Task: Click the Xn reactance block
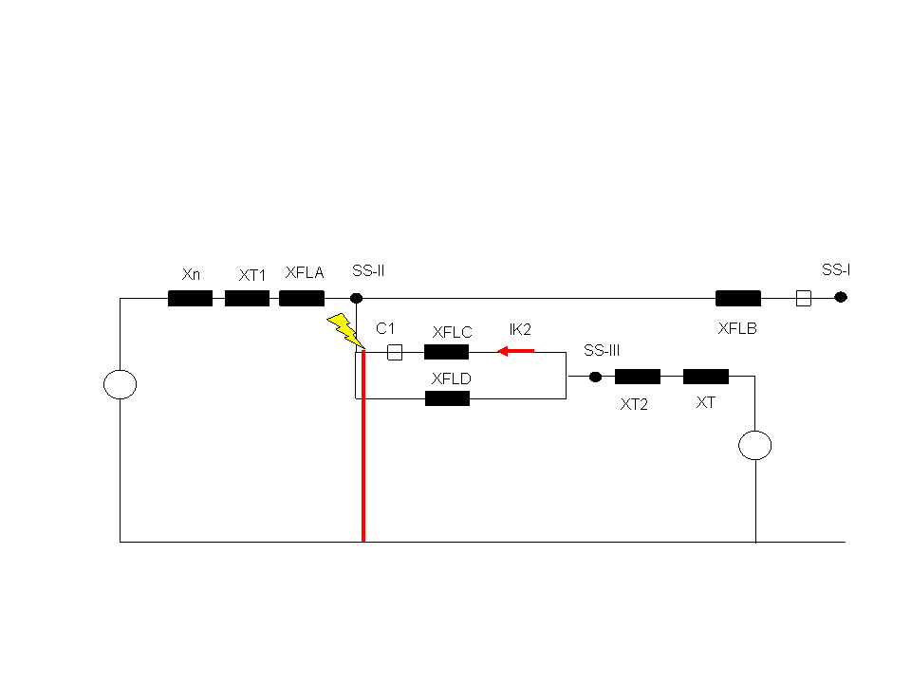click(190, 299)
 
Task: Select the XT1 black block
click(247, 299)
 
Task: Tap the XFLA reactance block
click(302, 299)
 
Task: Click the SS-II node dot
click(356, 298)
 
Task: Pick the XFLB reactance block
click(738, 299)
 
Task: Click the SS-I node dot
click(841, 297)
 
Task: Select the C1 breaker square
click(395, 352)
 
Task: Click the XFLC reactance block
click(446, 352)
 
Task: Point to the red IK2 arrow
click(516, 351)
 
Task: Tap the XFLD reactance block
click(447, 398)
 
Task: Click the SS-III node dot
click(595, 377)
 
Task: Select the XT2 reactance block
click(638, 377)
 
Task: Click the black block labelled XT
click(706, 377)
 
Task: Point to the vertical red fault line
click(363, 446)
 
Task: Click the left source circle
click(120, 384)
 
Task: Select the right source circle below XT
click(754, 446)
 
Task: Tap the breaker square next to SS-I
click(804, 299)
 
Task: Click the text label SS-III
click(602, 350)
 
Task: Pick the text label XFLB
click(737, 329)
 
